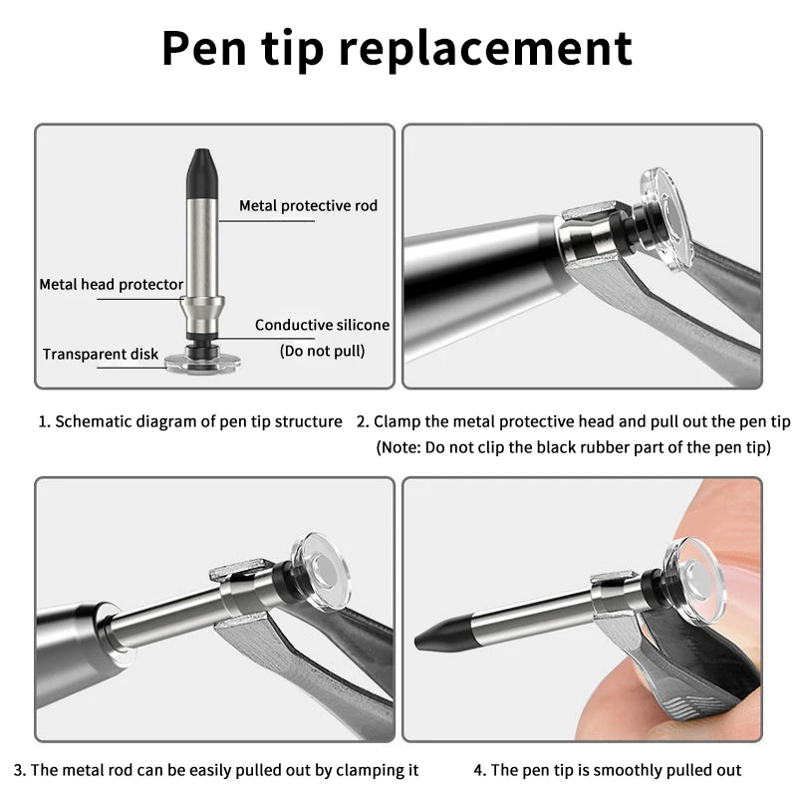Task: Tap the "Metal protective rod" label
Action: pyautogui.click(x=308, y=206)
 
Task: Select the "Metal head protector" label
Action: pyautogui.click(x=112, y=285)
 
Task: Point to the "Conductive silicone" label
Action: pyautogui.click(x=322, y=325)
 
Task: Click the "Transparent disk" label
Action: pyautogui.click(x=100, y=354)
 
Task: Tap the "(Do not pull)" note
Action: pyautogui.click(x=322, y=351)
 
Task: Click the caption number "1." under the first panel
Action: pyautogui.click(x=45, y=421)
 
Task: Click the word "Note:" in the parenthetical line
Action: pyautogui.click(x=401, y=447)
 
